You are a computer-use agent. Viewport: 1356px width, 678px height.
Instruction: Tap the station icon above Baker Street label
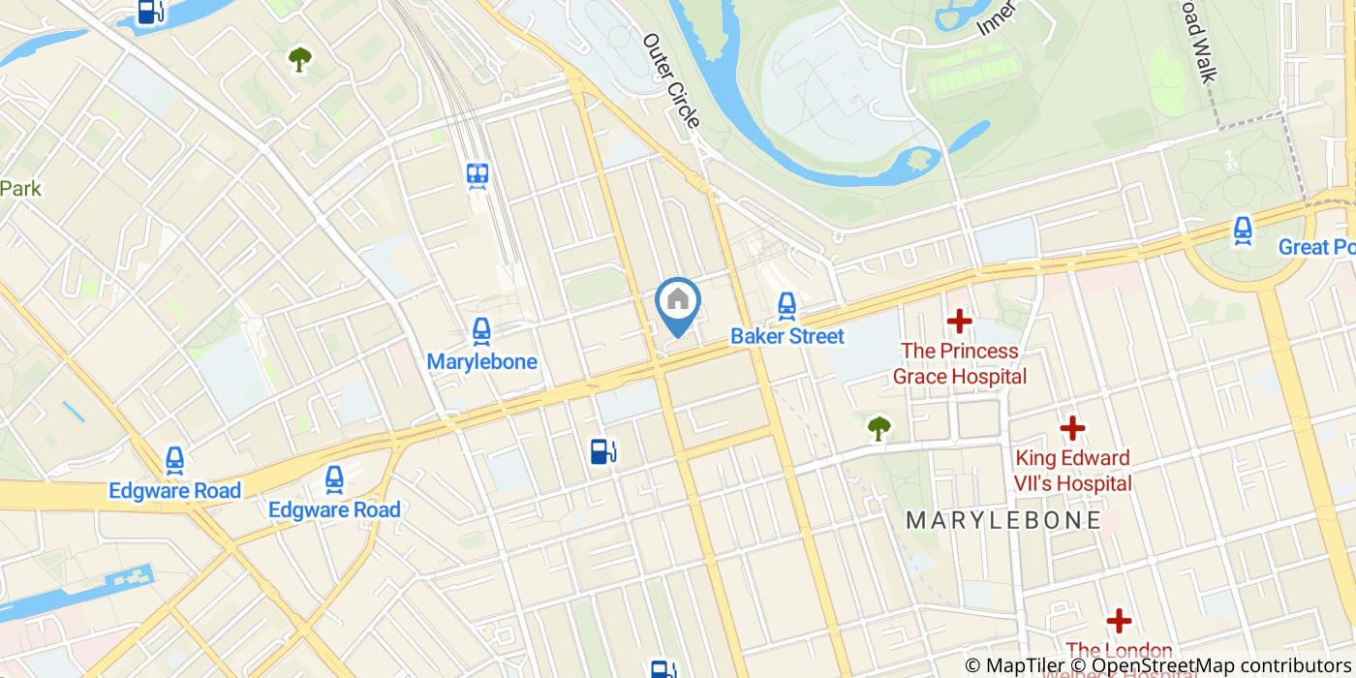(x=786, y=307)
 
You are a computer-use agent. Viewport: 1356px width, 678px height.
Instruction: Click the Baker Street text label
(x=786, y=336)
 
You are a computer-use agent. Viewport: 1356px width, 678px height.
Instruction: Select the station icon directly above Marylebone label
(x=481, y=332)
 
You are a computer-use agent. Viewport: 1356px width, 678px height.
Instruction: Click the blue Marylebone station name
(x=481, y=361)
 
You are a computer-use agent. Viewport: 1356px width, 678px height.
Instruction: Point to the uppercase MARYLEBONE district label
(x=1002, y=520)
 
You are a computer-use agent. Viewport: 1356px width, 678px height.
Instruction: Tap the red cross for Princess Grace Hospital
(x=959, y=321)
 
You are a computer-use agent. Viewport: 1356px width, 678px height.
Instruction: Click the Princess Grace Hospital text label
(x=959, y=363)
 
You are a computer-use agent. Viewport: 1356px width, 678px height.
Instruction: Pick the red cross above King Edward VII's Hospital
(x=1072, y=427)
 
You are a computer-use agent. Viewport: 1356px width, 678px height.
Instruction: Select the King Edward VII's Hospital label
(x=1072, y=470)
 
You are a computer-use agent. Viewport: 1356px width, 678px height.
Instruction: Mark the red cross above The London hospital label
(x=1119, y=620)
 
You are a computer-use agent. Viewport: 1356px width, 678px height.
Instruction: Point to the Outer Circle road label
(x=670, y=81)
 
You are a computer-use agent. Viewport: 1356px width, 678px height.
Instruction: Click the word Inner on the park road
(x=997, y=18)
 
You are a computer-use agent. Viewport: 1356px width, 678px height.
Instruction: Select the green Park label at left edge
(x=20, y=188)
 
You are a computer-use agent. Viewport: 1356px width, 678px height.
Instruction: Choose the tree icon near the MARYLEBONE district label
(x=878, y=427)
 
